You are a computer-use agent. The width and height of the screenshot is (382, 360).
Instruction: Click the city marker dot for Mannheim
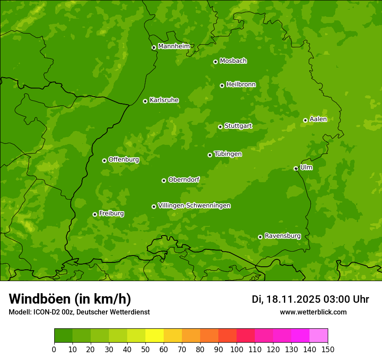(154, 48)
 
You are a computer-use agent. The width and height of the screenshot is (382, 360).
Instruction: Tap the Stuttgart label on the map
(238, 126)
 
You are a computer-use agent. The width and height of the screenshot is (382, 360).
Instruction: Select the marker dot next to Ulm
(296, 168)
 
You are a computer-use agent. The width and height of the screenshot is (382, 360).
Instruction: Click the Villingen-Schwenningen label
(194, 206)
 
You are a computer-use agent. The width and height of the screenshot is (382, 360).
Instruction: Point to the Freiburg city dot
(95, 214)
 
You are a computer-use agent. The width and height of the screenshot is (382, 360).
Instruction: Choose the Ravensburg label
(283, 236)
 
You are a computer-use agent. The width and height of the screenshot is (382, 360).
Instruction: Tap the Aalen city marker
(305, 120)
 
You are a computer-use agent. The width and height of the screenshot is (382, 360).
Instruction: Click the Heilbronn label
(241, 85)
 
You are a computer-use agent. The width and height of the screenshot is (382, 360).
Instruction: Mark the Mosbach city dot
(215, 62)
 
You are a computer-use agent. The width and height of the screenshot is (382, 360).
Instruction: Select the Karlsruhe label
(164, 100)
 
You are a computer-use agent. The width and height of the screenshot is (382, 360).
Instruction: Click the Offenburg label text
(124, 160)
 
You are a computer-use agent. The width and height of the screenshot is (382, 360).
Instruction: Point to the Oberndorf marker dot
(164, 180)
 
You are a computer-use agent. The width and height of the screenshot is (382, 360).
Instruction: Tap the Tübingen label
(228, 154)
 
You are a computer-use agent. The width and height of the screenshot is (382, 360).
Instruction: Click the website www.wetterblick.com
(313, 312)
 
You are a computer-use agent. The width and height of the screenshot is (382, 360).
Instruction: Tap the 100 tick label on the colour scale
(237, 349)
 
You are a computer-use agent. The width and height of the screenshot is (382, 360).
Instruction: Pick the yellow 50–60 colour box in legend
(155, 336)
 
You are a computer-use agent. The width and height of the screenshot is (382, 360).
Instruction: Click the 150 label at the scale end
(328, 349)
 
